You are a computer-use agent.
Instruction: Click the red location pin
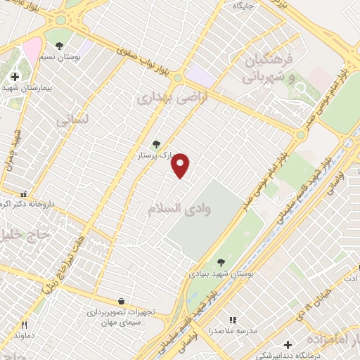[181, 165]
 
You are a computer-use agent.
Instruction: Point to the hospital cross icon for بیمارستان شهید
[15, 77]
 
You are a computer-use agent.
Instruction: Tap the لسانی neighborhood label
[72, 120]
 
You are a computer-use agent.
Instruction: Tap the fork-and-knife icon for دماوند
[24, 325]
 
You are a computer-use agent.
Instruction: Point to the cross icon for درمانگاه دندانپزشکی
[287, 345]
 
